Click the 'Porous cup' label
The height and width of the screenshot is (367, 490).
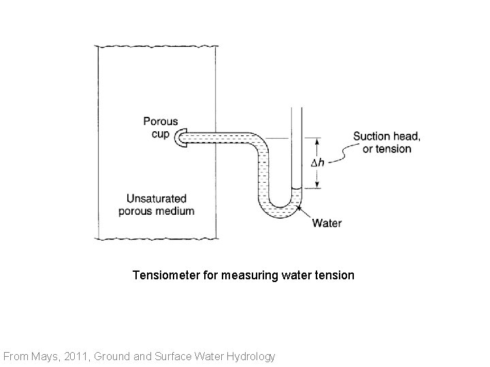[161, 128]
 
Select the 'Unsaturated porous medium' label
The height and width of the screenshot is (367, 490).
[156, 205]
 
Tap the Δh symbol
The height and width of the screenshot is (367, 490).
[317, 163]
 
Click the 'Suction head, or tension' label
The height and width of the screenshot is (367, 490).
[387, 143]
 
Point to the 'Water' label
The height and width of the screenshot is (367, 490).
[327, 223]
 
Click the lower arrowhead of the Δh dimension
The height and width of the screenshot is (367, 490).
[317, 185]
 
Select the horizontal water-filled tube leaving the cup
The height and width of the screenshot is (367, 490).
[218, 138]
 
